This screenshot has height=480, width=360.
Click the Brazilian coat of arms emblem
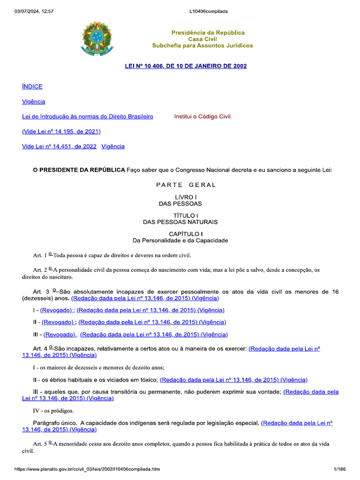tap(97, 38)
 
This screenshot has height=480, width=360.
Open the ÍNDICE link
tap(32, 86)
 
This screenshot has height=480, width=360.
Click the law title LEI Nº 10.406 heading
tap(186, 66)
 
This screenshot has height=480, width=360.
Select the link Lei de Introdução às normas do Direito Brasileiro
tap(88, 116)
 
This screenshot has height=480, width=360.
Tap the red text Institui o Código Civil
tap(203, 116)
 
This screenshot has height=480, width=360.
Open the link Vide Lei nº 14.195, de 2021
tap(61, 131)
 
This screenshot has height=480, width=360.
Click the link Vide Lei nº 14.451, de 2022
tap(59, 146)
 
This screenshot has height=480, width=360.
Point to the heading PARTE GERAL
tap(186, 185)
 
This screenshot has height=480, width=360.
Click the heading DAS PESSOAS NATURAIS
tap(180, 222)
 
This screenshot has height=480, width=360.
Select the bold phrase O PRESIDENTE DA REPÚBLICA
tap(79, 170)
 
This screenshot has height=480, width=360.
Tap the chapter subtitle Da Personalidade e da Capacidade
tap(180, 240)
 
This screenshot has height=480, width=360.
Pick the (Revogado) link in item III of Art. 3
tap(60, 334)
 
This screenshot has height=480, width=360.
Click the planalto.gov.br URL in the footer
tap(87, 469)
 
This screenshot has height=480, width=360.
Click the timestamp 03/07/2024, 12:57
tap(34, 11)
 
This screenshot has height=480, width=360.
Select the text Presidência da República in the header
tap(208, 33)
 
